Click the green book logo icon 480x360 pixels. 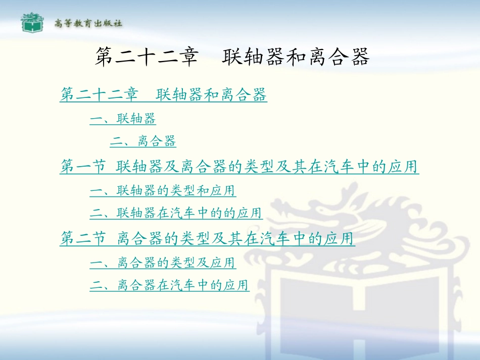[x=32, y=23]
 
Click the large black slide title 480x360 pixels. [x=232, y=58]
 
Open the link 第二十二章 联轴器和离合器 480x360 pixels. [x=163, y=94]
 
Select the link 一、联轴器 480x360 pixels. [x=123, y=119]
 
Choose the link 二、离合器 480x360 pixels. [x=143, y=141]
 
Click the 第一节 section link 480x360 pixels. [x=239, y=167]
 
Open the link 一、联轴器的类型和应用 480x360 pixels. [x=163, y=191]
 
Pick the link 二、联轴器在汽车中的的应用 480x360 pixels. [x=176, y=214]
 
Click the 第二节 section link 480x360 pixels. [x=207, y=239]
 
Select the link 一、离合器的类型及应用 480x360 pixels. [x=163, y=263]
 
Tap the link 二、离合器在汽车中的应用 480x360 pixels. [x=170, y=286]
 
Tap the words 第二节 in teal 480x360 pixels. [x=82, y=239]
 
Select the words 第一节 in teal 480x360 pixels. [x=82, y=167]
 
